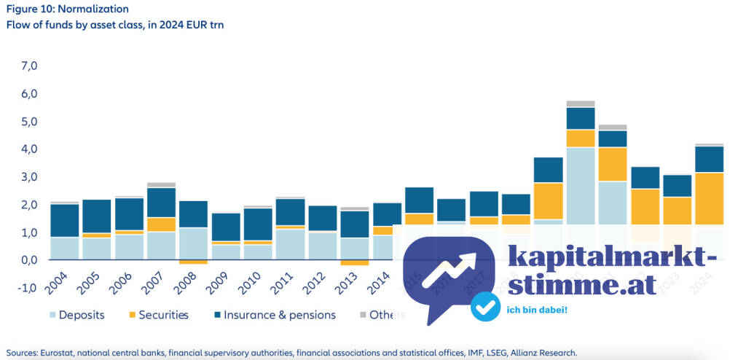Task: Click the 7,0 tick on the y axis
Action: pos(29,66)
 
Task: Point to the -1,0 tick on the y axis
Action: pos(28,288)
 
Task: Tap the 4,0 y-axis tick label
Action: pos(29,149)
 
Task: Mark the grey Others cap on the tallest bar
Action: pos(581,103)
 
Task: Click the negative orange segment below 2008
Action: pos(193,262)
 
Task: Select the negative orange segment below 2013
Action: pos(355,262)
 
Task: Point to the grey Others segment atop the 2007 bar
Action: pos(162,185)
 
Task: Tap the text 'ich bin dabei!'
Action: pos(537,310)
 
